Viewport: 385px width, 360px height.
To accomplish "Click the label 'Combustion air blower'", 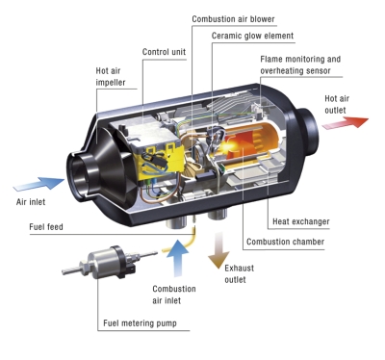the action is tap(233, 19).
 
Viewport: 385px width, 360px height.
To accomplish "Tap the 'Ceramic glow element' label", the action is tap(252, 36).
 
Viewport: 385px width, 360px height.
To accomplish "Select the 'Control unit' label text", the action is tap(164, 52).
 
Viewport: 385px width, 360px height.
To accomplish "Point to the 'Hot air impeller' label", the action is tap(111, 76).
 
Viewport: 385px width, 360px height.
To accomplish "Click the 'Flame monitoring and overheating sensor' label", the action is tap(300, 64).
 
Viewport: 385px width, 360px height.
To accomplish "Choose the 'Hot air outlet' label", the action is tap(337, 104).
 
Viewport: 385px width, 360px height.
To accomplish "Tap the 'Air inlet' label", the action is tap(31, 202).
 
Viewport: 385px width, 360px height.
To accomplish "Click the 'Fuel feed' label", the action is tap(46, 227).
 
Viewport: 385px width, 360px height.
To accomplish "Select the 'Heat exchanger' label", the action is tap(301, 221).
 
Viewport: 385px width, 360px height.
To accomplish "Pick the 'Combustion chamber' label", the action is tap(285, 242).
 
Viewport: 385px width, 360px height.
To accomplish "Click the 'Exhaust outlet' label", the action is tap(240, 273).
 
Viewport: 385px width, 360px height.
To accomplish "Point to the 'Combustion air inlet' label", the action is tap(174, 295).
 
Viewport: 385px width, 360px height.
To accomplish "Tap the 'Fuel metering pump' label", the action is tap(140, 323).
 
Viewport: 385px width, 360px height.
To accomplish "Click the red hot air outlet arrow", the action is tap(346, 123).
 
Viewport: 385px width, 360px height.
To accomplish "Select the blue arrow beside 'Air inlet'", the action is tap(38, 184).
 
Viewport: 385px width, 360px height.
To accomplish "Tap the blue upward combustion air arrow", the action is tap(177, 258).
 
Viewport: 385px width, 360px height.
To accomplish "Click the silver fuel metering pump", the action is tap(109, 262).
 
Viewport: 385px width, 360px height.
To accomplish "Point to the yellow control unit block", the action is tap(160, 162).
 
